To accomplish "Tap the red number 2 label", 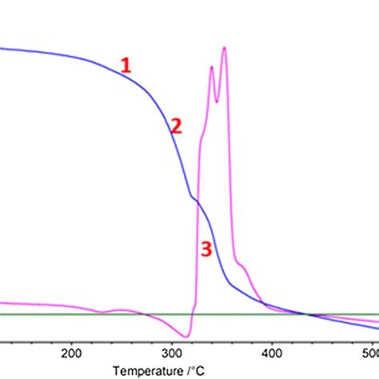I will coord(175,126).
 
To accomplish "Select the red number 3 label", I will coord(205,249).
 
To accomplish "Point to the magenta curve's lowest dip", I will coord(187,337).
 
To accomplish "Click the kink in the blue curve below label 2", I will coord(192,197).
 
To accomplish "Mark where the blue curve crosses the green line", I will coord(308,313).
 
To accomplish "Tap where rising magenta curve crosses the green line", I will coord(192,313).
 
